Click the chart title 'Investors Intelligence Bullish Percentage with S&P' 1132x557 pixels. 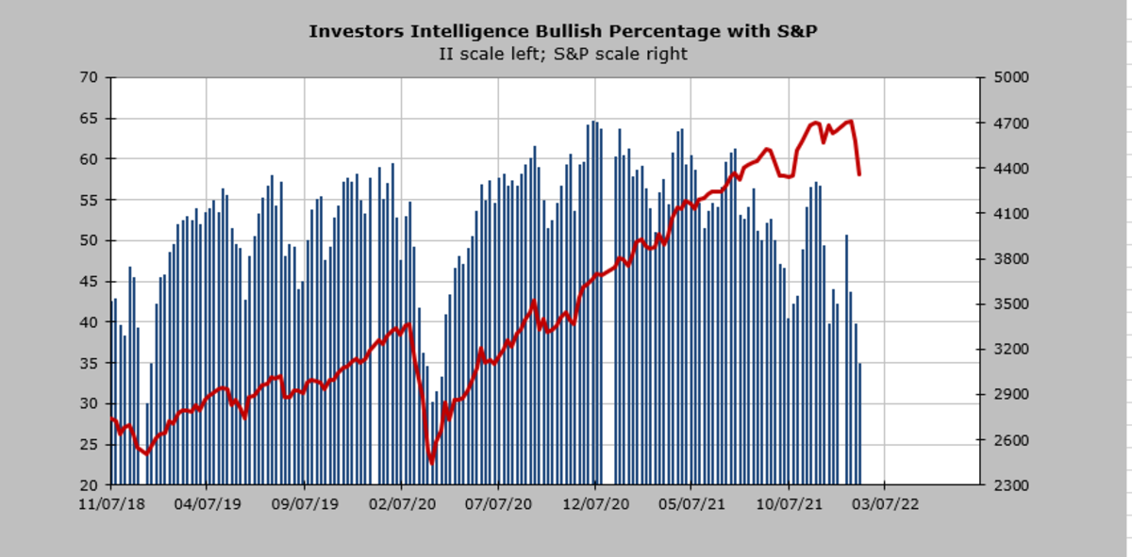point(563,32)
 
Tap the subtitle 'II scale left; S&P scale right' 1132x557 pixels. point(563,54)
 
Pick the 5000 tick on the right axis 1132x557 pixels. point(1004,77)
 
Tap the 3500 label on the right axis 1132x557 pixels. point(1004,304)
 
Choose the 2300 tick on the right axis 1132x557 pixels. point(1004,484)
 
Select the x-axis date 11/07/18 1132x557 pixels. point(111,504)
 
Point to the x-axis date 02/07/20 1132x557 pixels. point(401,504)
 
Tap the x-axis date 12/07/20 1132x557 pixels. point(595,504)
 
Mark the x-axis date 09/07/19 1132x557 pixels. point(305,504)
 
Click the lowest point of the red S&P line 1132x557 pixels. point(431,462)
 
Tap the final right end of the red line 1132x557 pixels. point(858,174)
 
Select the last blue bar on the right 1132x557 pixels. point(859,423)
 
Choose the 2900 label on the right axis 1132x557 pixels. point(1004,395)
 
